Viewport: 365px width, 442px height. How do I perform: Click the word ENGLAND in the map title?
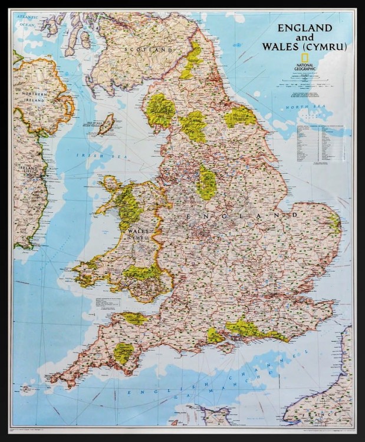pyautogui.click(x=305, y=28)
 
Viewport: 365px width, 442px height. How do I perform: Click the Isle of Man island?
pyautogui.click(x=106, y=124)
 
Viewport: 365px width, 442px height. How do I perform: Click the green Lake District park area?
pyautogui.click(x=160, y=109)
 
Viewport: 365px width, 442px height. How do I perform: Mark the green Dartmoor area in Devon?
pyautogui.click(x=123, y=352)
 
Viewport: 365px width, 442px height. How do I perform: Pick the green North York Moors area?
pyautogui.click(x=240, y=116)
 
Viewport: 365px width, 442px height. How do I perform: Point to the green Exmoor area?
pyautogui.click(x=135, y=318)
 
